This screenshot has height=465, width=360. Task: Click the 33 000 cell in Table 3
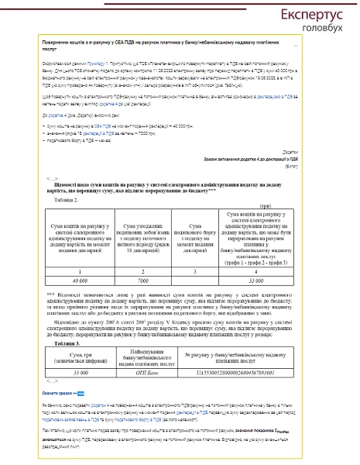(x=69, y=372)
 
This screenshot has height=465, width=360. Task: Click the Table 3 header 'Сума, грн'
(x=69, y=356)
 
